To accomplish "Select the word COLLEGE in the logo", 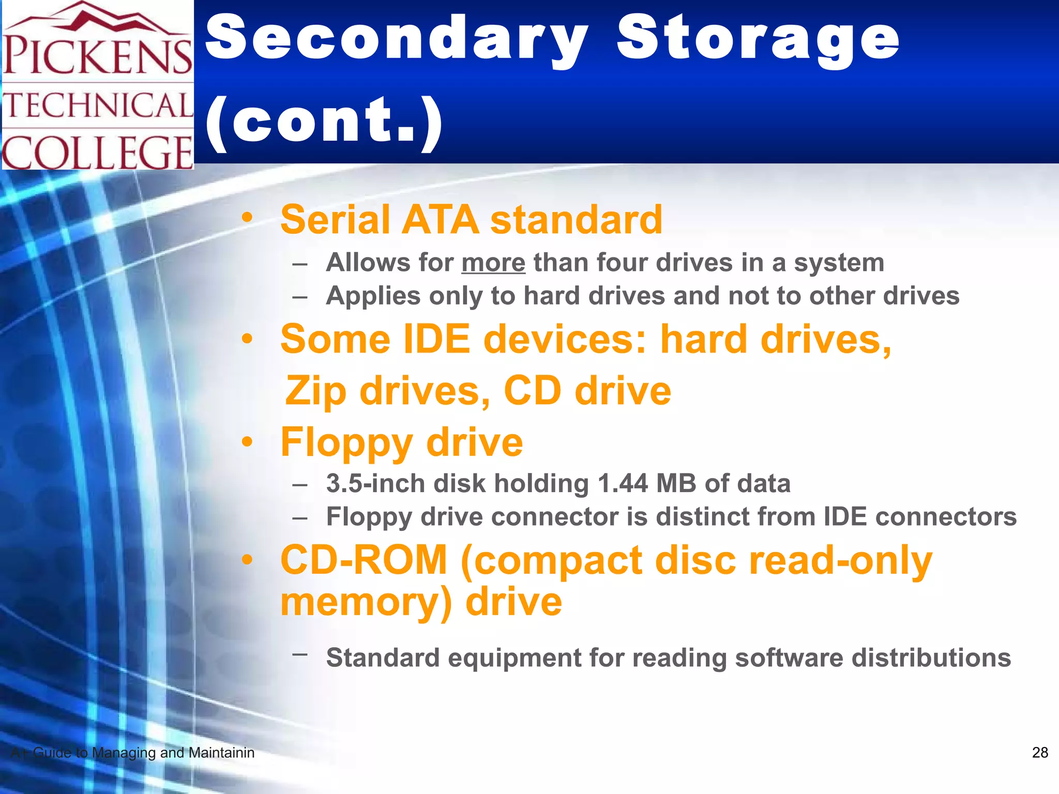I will point(98,152).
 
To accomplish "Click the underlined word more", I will point(493,263).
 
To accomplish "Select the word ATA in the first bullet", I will point(440,220).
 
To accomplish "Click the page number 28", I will point(1040,753).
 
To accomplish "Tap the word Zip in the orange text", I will point(316,391).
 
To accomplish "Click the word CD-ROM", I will point(364,560).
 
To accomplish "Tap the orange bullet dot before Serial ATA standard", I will point(247,218).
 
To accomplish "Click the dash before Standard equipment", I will point(300,654).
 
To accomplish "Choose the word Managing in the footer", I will point(124,753).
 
